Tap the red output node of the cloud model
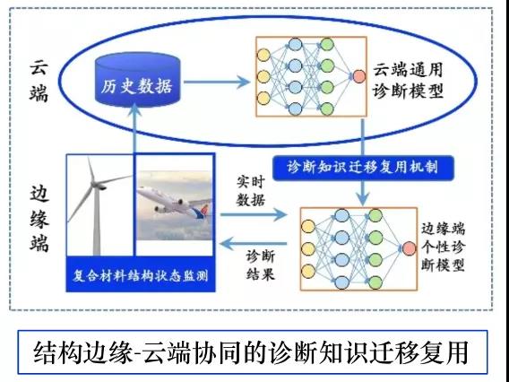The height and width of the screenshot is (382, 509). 358,76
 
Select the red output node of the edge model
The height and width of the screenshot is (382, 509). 409,248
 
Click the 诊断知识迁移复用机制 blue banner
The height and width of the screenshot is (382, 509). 363,168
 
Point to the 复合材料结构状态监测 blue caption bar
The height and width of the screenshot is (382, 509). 141,274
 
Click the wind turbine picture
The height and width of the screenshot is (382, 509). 99,204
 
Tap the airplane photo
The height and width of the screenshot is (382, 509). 175,205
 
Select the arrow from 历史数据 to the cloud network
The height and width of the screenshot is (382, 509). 217,82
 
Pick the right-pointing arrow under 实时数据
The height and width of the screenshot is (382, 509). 254,214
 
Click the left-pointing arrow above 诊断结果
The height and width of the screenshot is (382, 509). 254,243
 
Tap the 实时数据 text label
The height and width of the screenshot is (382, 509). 250,191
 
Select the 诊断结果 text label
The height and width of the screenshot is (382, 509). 260,265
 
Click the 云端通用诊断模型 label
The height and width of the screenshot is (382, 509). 408,80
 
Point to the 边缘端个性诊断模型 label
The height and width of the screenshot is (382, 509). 443,247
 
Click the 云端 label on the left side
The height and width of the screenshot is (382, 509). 39,81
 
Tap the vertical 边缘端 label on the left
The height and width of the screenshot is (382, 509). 39,219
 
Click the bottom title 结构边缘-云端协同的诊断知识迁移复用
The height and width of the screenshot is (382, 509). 251,352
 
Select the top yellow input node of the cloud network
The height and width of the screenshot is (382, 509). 263,55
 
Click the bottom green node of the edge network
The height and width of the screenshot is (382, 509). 375,282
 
